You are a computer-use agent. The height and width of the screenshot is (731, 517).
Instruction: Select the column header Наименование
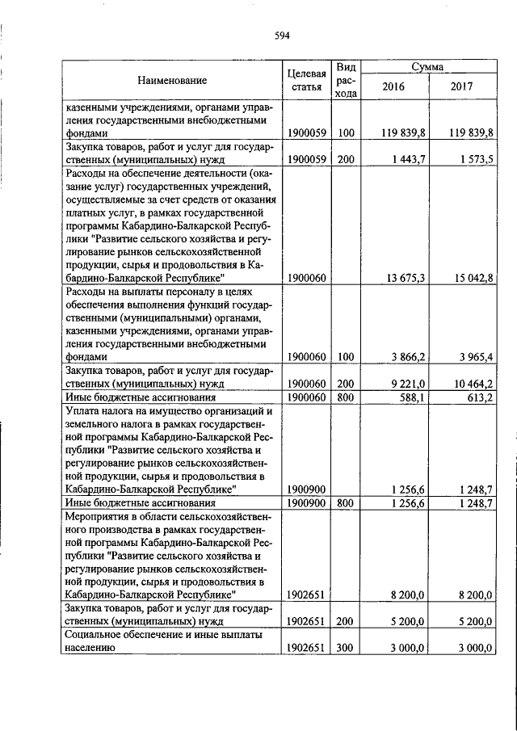tap(171, 80)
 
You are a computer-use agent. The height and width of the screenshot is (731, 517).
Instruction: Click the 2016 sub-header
tap(393, 87)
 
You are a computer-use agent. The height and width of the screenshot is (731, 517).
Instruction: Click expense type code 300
tap(346, 648)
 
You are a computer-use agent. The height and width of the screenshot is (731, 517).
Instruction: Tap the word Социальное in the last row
tap(93, 635)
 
